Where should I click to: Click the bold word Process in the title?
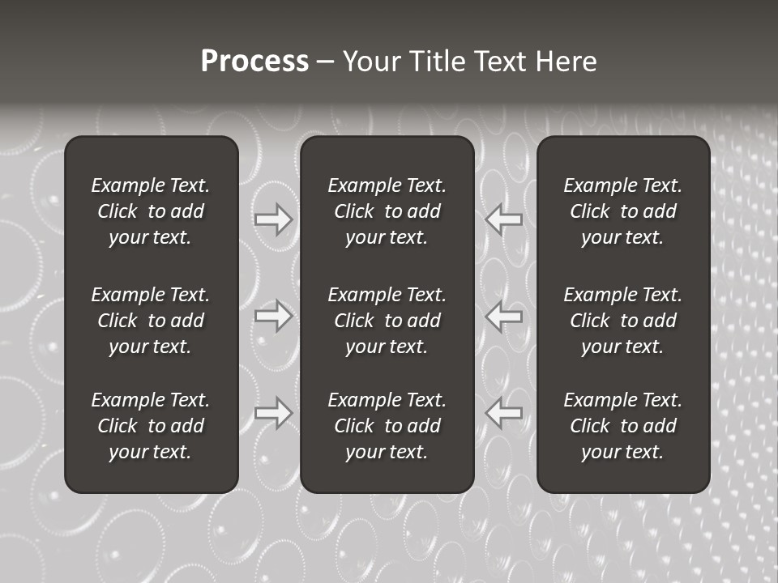pyautogui.click(x=254, y=62)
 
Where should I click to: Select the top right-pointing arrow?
pyautogui.click(x=273, y=219)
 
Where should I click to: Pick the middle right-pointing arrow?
pyautogui.click(x=273, y=316)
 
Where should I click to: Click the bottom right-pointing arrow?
pyautogui.click(x=273, y=413)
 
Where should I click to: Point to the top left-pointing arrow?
pyautogui.click(x=504, y=219)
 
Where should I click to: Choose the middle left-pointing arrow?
pyautogui.click(x=504, y=316)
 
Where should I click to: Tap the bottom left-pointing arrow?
pyautogui.click(x=504, y=413)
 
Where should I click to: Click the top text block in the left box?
pyautogui.click(x=151, y=211)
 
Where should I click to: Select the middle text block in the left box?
pyautogui.click(x=151, y=321)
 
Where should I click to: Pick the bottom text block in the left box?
pyautogui.click(x=151, y=426)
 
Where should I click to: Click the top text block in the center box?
pyautogui.click(x=387, y=211)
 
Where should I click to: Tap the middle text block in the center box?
pyautogui.click(x=387, y=321)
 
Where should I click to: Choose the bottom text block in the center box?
pyautogui.click(x=387, y=426)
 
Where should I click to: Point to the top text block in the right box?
pyautogui.click(x=622, y=211)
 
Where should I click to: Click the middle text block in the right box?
pyautogui.click(x=622, y=321)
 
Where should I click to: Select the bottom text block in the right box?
pyautogui.click(x=622, y=426)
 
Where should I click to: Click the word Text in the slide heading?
pyautogui.click(x=500, y=62)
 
